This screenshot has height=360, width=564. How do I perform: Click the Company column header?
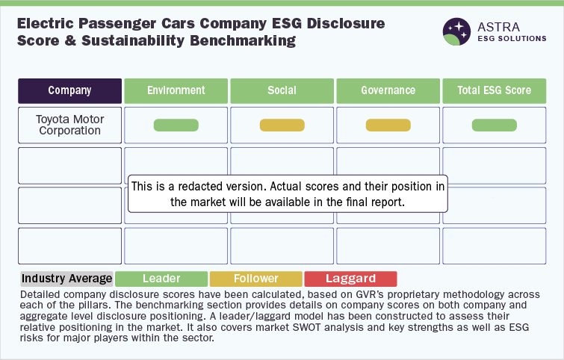point(69,91)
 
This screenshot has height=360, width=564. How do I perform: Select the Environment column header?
point(176,91)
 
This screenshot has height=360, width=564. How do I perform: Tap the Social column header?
point(282,91)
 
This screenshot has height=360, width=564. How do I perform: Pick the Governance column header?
point(388,91)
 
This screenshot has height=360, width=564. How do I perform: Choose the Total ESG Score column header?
point(495,91)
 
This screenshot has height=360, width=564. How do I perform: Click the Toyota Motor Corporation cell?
point(69,125)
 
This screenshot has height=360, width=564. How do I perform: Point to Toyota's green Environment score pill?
point(176,125)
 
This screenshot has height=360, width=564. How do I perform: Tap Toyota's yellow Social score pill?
point(282,125)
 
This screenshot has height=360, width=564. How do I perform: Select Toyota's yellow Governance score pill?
point(388,125)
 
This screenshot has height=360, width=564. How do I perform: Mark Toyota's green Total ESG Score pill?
point(495,125)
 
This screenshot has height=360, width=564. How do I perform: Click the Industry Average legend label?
point(67,279)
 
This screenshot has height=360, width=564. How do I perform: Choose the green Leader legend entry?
point(161,279)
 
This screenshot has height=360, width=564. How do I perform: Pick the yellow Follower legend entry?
point(256,279)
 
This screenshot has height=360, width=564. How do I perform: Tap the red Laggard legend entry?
point(350,279)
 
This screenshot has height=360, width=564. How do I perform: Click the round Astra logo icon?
point(456,31)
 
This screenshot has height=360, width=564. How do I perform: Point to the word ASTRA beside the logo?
point(498,27)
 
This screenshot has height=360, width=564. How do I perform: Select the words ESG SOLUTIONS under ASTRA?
point(512,39)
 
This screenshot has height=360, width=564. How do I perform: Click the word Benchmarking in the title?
point(243,40)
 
